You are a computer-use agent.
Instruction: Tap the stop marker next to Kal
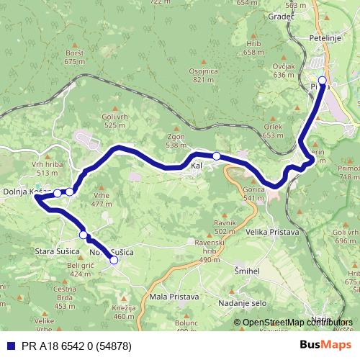216,156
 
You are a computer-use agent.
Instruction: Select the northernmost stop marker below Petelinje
322,81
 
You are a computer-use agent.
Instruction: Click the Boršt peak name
74,54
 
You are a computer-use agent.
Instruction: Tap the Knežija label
125,307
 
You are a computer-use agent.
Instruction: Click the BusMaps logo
325,346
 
